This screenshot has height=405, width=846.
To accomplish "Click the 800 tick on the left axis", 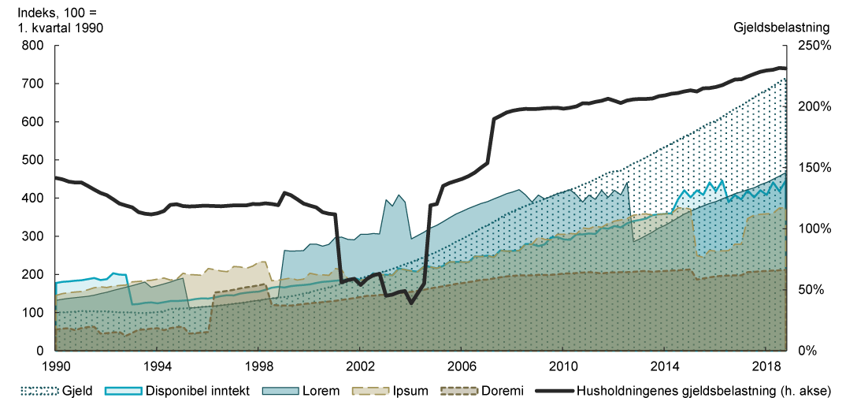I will point(32,46).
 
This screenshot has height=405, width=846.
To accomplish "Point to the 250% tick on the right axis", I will point(815,46).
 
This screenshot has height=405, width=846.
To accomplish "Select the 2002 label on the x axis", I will point(359,367).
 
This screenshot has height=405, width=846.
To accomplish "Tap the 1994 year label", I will point(157,367).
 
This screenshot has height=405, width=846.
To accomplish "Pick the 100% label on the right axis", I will point(815,229).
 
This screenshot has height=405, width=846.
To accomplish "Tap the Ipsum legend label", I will point(403,389).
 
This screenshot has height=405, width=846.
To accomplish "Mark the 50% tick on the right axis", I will point(812,290).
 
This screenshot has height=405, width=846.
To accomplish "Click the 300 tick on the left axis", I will point(32,236).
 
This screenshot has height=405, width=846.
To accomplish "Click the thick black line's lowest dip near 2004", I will point(411,303).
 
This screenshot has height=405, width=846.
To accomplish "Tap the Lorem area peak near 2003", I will point(399,195).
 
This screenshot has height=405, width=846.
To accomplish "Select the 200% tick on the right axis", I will point(815,106).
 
